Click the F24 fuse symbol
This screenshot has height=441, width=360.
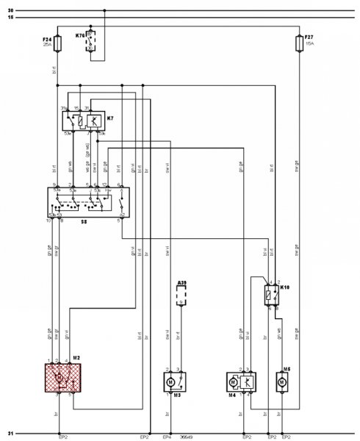[x=58, y=43]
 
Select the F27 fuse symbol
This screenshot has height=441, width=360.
[x=299, y=40]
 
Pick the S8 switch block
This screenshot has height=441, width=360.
[x=88, y=201]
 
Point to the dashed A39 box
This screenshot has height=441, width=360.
[x=181, y=295]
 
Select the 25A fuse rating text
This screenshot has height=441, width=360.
[x=48, y=45]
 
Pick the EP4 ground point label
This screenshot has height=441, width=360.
[x=167, y=437]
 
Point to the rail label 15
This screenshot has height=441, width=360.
[x=10, y=17]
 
